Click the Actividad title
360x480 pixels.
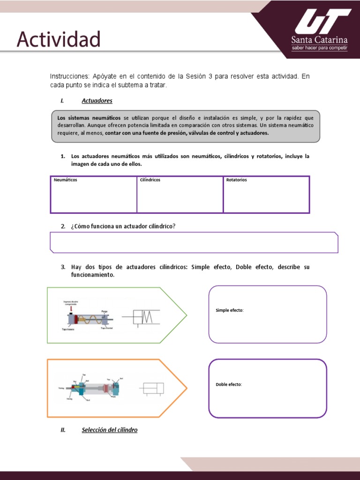point(59,39)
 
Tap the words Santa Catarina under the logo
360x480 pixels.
point(319,40)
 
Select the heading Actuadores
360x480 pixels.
point(97,101)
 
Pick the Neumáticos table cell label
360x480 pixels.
point(66,180)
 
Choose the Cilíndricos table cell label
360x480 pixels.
point(150,180)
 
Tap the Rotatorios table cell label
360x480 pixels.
point(237,180)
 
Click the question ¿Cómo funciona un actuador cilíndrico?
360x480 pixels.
point(123,226)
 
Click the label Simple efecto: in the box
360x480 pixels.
point(230,310)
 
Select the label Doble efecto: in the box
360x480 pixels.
point(229,384)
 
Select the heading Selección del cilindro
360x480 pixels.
point(110,430)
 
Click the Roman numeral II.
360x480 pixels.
point(63,430)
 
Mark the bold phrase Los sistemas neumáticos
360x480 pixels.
point(89,118)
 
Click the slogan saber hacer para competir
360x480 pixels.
point(319,48)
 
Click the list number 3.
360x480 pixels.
point(63,267)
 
